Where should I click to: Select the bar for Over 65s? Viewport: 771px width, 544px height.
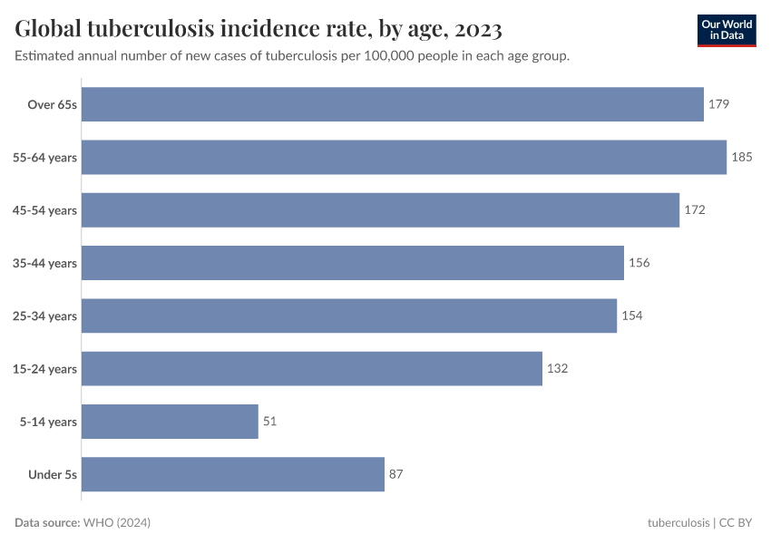393,104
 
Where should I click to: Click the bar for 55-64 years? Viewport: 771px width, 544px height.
404,157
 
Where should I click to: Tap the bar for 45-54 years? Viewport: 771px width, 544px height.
380,209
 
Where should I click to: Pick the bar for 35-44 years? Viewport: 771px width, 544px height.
353,263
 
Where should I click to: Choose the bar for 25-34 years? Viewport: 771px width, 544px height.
349,316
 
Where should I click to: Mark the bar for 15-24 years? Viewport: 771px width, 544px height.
312,368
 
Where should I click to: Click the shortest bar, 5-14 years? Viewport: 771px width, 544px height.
171,422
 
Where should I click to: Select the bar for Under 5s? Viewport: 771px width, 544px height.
233,474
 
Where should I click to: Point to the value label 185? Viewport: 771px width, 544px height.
742,157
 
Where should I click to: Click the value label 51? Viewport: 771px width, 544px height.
270,422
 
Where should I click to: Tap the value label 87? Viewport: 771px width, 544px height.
396,474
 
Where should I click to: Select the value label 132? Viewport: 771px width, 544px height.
557,368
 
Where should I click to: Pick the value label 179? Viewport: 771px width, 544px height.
718,104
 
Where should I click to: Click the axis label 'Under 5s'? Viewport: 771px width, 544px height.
53,474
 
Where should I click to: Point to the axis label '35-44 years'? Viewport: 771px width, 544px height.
44,263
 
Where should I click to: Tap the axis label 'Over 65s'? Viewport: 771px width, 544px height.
53,104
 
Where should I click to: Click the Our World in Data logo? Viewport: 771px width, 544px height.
727,30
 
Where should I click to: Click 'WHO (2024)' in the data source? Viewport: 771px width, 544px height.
116,523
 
